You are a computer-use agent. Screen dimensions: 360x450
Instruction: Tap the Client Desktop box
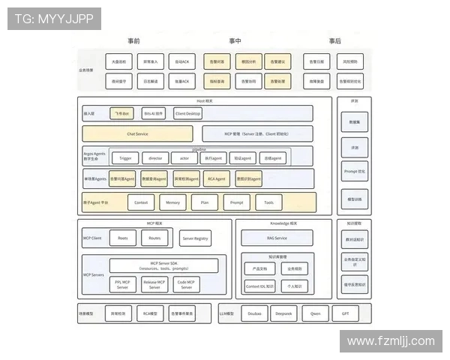[189, 113]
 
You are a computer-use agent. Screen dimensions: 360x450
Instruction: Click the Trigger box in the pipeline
[124, 158]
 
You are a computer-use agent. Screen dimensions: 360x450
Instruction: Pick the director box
[154, 158]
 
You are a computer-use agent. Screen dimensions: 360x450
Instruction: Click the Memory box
[172, 202]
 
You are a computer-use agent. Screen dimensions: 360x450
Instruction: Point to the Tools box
[269, 202]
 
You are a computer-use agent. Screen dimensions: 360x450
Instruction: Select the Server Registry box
[196, 238]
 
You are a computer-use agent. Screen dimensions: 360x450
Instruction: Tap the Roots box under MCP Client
[123, 238]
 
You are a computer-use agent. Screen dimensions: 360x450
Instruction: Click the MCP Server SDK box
[163, 265]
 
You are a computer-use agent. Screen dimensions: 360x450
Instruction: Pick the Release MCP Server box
[154, 285]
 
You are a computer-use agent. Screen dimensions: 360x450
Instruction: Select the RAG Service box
[276, 238]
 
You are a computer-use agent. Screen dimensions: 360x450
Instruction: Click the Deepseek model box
[283, 313]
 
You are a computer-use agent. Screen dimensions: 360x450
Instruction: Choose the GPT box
[345, 313]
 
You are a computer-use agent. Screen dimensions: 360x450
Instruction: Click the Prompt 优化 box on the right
[354, 172]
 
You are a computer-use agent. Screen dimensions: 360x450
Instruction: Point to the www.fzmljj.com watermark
[391, 341]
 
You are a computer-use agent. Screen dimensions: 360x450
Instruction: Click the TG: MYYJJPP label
[55, 18]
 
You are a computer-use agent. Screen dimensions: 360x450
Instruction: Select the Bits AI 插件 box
[154, 113]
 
